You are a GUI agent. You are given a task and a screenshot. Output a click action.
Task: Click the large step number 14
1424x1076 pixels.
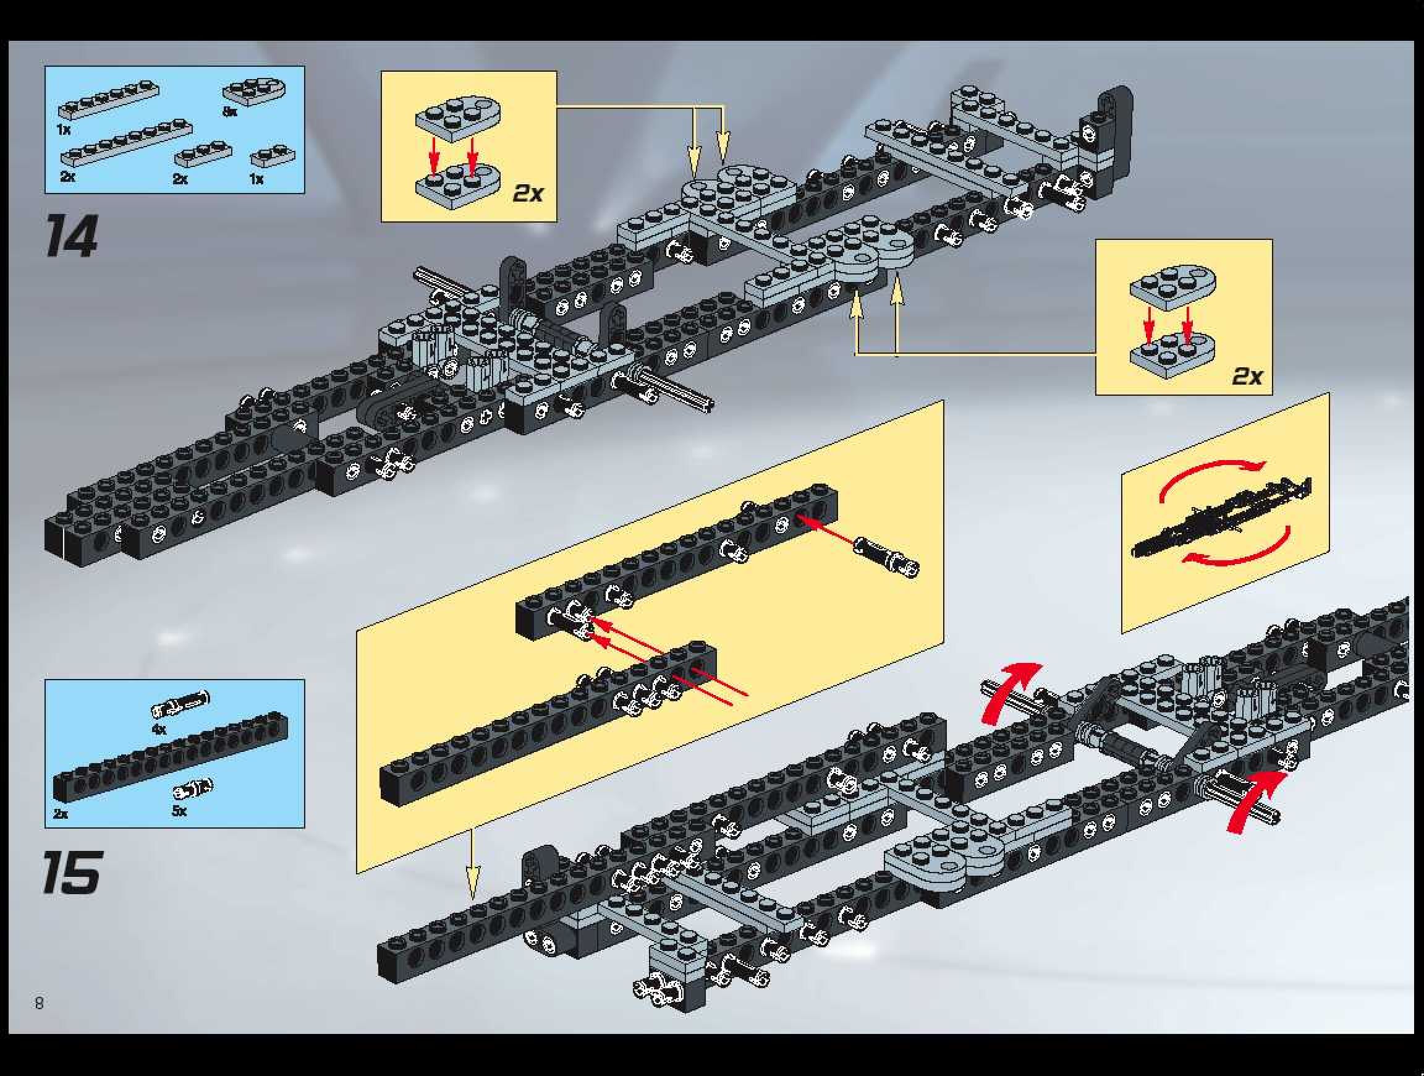[x=71, y=236]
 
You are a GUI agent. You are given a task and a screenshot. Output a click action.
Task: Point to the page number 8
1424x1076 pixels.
[x=40, y=1002]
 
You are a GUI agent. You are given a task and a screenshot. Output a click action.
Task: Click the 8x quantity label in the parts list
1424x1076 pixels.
[x=230, y=112]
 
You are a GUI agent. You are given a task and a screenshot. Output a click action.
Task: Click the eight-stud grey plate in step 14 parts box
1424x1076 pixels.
[x=126, y=143]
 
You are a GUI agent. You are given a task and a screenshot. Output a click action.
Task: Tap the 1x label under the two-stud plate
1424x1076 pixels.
[x=256, y=179]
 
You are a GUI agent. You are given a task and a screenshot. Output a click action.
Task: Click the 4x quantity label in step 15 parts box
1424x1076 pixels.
[x=158, y=730]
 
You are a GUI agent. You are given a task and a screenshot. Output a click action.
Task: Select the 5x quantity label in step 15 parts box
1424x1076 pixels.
[x=179, y=811]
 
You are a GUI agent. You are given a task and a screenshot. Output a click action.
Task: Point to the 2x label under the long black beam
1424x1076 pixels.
[x=61, y=813]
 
